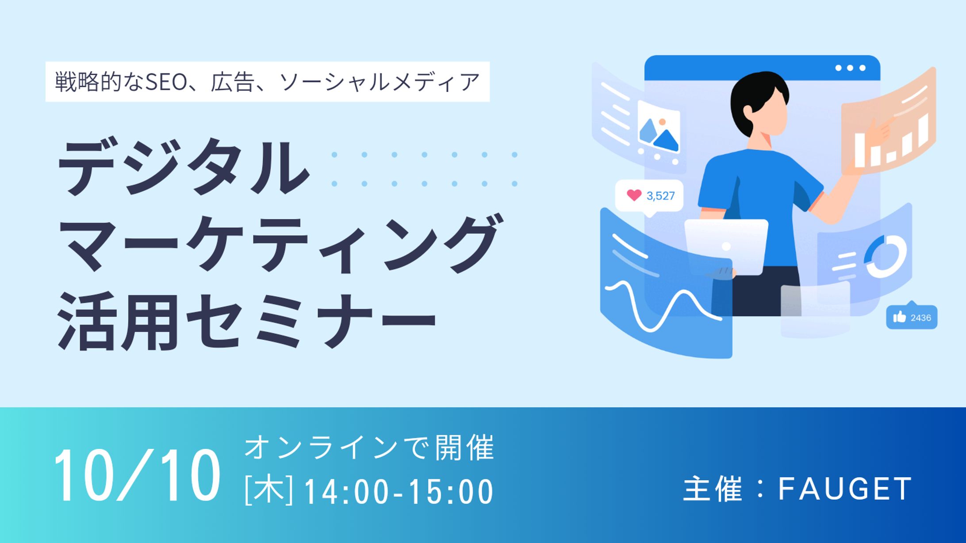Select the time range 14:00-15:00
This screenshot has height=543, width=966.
click(x=399, y=491)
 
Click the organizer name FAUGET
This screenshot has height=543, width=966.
click(x=845, y=489)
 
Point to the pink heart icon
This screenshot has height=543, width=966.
click(x=634, y=195)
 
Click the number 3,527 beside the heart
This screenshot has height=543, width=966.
click(x=661, y=196)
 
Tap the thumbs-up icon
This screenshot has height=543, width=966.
click(x=899, y=317)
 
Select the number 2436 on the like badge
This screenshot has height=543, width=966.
click(x=921, y=318)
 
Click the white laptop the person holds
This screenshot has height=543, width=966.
click(x=726, y=247)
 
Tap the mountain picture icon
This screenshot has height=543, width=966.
click(x=659, y=129)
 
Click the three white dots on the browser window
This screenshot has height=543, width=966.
click(x=850, y=68)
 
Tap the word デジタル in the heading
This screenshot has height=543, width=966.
click(x=184, y=167)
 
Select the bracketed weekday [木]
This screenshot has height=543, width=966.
click(x=269, y=490)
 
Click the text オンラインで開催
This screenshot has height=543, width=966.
click(x=369, y=448)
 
